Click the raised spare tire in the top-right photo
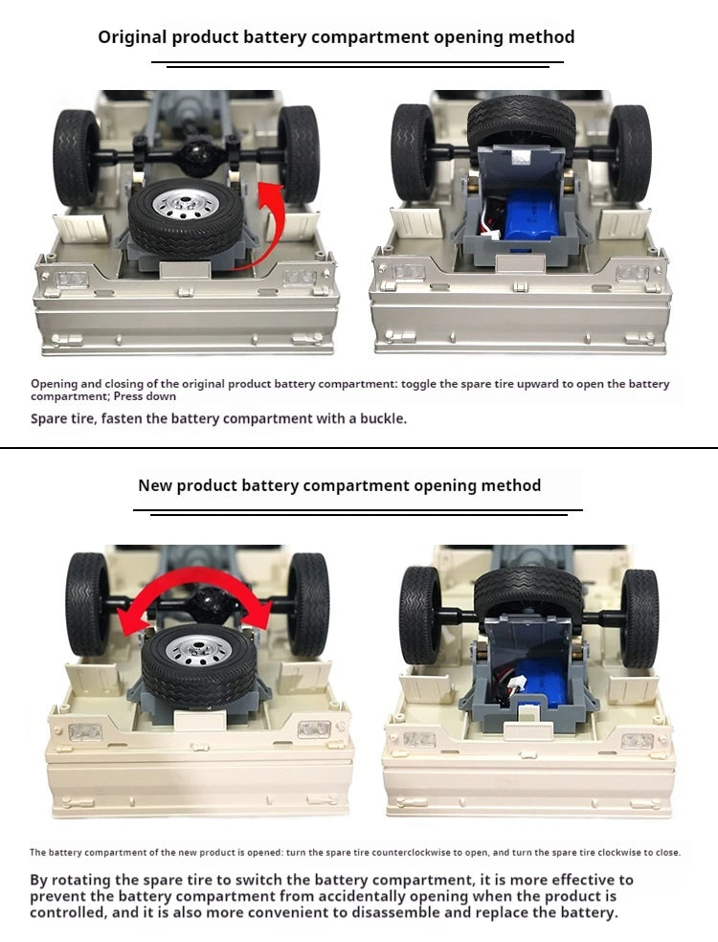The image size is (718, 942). pos(522,119)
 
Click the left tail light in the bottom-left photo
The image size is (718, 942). pos(84,732)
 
